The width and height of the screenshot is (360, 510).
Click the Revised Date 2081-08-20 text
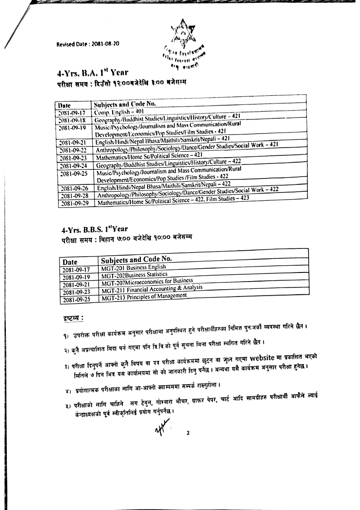(x=88, y=45)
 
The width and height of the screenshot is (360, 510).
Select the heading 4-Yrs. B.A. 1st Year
(x=93, y=72)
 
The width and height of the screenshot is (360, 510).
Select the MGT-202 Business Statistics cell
(x=135, y=275)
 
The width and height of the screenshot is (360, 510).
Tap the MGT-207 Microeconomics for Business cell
(x=148, y=282)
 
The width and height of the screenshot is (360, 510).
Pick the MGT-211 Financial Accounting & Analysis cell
(x=152, y=289)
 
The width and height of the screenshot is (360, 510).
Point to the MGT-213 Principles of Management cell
(x=144, y=297)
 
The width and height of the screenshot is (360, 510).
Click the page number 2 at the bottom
(x=187, y=433)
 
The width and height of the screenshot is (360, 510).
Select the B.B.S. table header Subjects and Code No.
(x=136, y=260)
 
